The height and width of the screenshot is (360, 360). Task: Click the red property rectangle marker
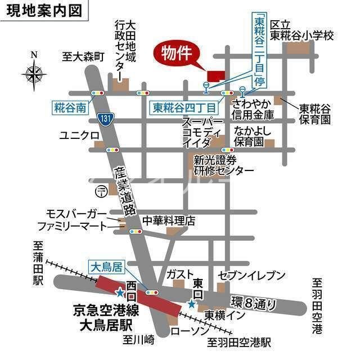pyautogui.click(x=215, y=75)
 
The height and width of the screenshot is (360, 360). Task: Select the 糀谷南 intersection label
pyautogui.click(x=71, y=107)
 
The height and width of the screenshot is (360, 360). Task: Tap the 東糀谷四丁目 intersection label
pyautogui.click(x=184, y=106)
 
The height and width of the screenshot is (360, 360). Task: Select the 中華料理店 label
pyautogui.click(x=169, y=220)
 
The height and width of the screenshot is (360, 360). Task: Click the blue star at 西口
pyautogui.click(x=120, y=292)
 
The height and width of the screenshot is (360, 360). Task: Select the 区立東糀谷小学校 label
pyautogui.click(x=302, y=30)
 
